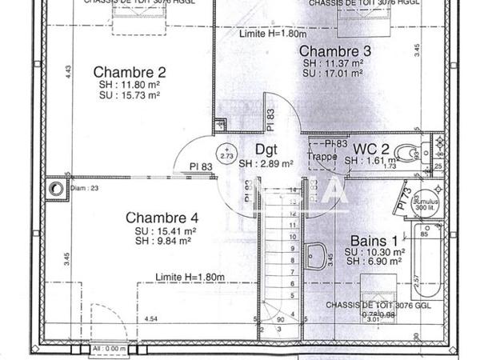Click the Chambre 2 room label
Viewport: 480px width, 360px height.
(x=129, y=70)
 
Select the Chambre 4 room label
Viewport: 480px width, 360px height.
(x=162, y=217)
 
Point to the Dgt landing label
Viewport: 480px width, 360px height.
(x=266, y=149)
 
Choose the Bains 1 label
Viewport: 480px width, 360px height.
(x=374, y=240)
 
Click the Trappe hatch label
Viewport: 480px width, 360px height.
(x=322, y=156)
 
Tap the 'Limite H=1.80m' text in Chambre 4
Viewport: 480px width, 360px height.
(x=190, y=277)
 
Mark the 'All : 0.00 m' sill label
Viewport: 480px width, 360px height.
(x=110, y=350)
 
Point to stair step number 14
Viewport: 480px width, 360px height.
(x=292, y=190)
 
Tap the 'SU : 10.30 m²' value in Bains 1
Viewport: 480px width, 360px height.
(x=375, y=251)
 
